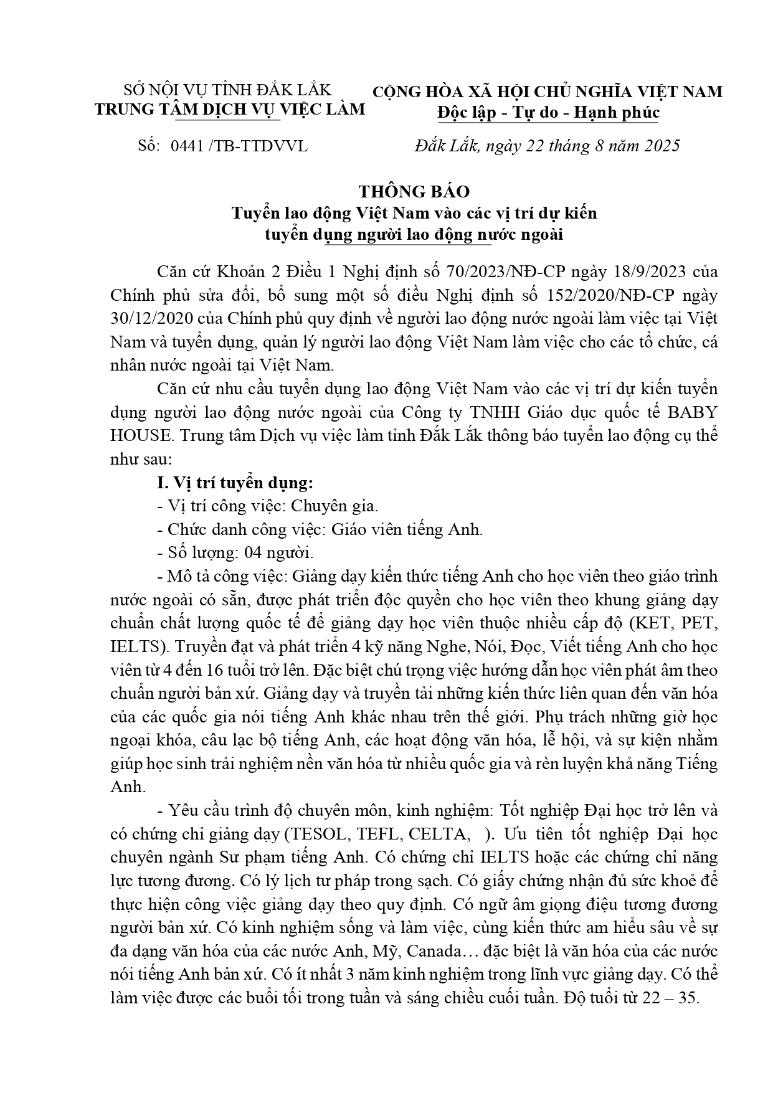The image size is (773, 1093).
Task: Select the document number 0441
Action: tap(187, 146)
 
